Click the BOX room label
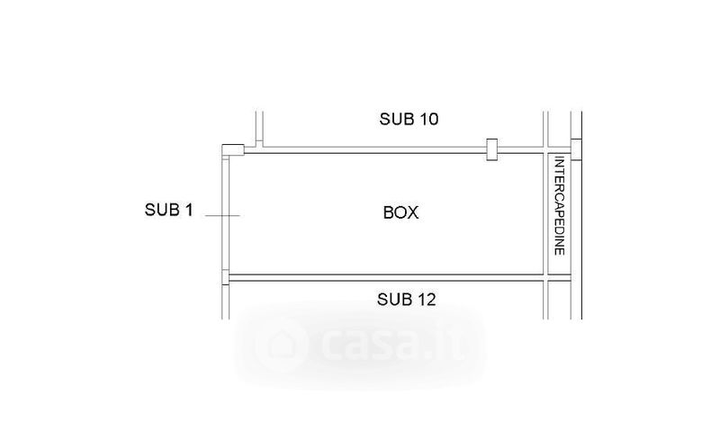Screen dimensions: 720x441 (x=400, y=212)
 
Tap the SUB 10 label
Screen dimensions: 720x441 (x=409, y=119)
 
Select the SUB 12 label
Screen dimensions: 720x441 (x=407, y=300)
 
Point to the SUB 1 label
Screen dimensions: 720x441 (x=169, y=210)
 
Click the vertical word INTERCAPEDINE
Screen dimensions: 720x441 (x=559, y=205)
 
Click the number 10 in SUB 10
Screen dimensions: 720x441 (x=429, y=119)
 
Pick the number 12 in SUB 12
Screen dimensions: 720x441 (x=426, y=300)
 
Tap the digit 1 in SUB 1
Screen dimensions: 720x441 (x=189, y=210)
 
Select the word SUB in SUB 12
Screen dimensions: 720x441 (x=394, y=300)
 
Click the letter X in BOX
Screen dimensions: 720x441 (x=413, y=212)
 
